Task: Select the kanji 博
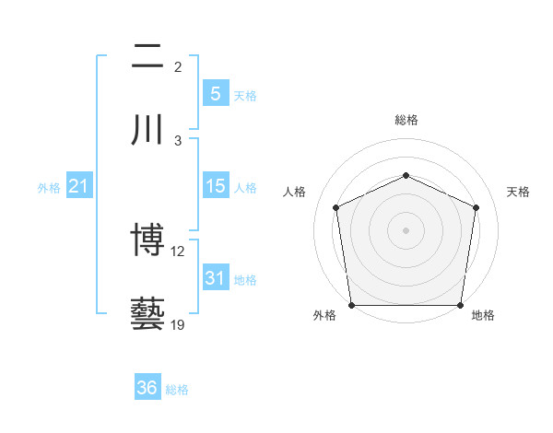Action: click(147, 241)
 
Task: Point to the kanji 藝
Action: click(147, 313)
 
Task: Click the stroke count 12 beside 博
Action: click(178, 252)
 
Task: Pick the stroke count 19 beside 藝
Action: click(178, 325)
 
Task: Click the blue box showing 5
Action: click(216, 94)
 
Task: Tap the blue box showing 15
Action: click(216, 186)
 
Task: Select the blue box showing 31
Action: click(216, 277)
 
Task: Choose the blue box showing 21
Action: click(79, 187)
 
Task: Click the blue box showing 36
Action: click(147, 388)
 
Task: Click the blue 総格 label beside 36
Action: click(178, 390)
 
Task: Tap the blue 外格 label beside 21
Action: click(49, 188)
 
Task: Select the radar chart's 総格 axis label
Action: click(406, 120)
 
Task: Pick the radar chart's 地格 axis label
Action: click(483, 315)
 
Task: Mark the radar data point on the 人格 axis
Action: click(336, 207)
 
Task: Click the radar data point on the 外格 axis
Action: click(351, 305)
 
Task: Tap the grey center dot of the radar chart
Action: click(406, 229)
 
